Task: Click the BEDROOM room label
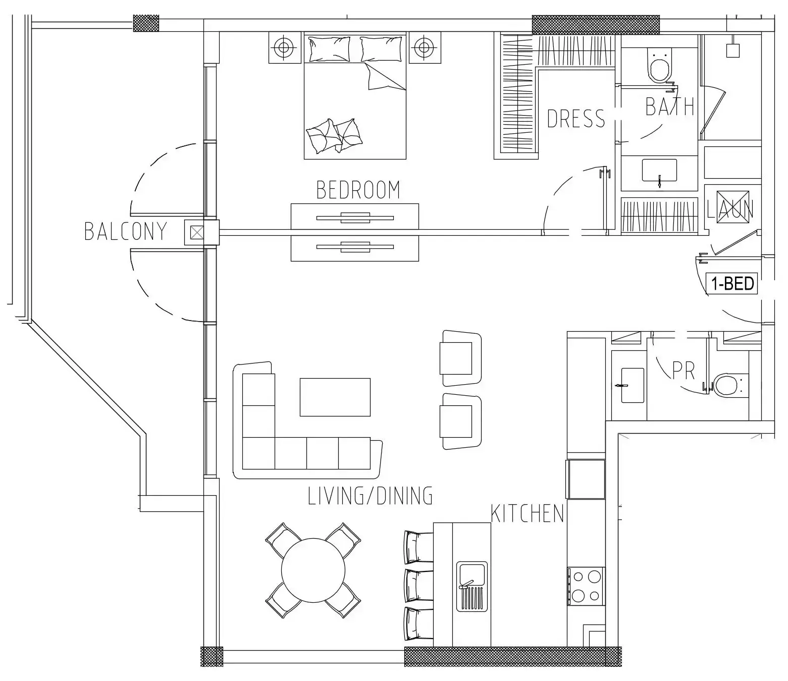tap(358, 190)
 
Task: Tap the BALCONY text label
tap(126, 231)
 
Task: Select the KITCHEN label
tap(527, 514)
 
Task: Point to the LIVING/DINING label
tap(371, 496)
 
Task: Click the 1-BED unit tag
tap(732, 284)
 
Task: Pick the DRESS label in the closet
tap(575, 119)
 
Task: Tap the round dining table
tap(313, 570)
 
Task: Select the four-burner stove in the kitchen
tap(586, 586)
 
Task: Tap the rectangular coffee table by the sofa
tap(335, 397)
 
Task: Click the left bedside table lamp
tap(284, 48)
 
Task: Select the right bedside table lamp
tap(424, 48)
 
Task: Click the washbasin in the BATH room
tap(659, 171)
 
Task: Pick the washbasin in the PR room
tap(632, 385)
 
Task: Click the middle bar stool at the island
tap(418, 586)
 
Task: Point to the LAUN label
tap(730, 209)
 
